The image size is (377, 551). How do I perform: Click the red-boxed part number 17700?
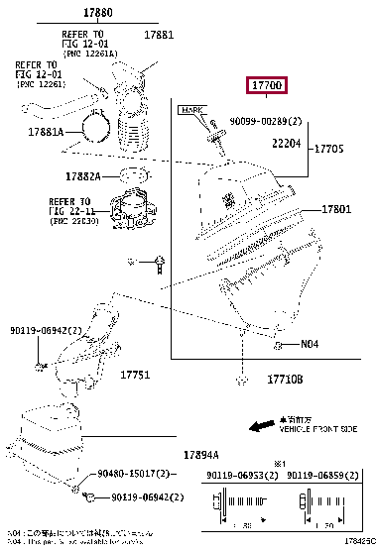click(269, 86)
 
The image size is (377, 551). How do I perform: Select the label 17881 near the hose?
click(158, 36)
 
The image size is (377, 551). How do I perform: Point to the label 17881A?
click(46, 132)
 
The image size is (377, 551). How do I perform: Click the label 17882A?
click(85, 176)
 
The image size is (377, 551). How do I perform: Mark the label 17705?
click(328, 149)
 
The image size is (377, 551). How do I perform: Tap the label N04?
click(310, 344)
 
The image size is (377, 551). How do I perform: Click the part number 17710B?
click(285, 380)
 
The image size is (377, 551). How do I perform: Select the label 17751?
click(135, 375)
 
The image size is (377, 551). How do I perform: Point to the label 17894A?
click(202, 455)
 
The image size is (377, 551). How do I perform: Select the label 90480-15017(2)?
click(141, 475)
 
